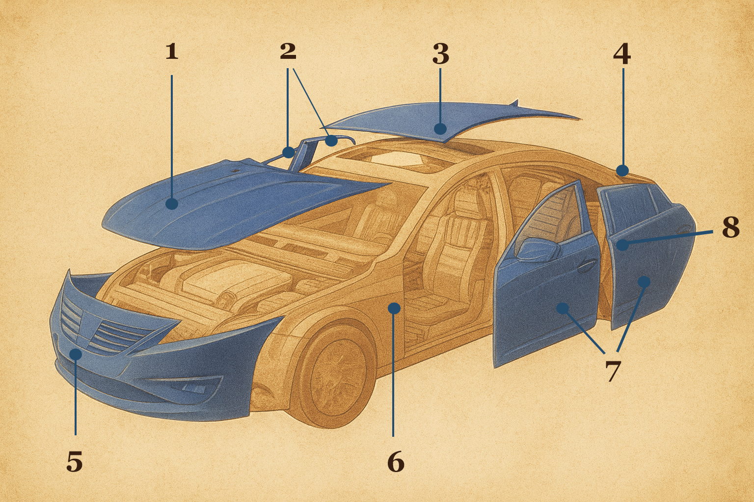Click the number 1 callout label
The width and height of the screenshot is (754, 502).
coord(172,52)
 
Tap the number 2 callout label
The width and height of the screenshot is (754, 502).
coord(288,51)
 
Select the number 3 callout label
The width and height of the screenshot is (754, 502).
coord(441,54)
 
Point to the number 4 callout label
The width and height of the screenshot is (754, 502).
coord(622,54)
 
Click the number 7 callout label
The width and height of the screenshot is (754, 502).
coord(613,372)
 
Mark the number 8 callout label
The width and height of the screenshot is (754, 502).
coord(730,227)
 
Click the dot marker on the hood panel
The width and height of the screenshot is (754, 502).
coord(172,204)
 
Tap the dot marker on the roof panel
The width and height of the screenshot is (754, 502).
coord(440,129)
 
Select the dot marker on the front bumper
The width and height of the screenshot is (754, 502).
coord(76,354)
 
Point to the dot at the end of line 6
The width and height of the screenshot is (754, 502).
coord(394,308)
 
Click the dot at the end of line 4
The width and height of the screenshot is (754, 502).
coord(622,171)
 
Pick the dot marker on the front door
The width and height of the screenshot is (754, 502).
coord(563,308)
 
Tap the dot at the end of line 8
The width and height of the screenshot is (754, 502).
coord(622,245)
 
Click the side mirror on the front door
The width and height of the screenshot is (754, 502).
coord(538,249)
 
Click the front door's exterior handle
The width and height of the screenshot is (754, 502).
coord(586,267)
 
